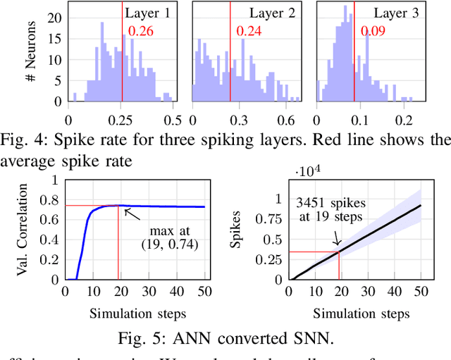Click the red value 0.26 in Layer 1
coord(140,31)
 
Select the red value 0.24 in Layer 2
coord(249,31)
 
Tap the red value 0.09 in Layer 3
coord(373,31)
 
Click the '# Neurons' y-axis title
coord(30,55)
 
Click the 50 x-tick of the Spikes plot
coord(421,292)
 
